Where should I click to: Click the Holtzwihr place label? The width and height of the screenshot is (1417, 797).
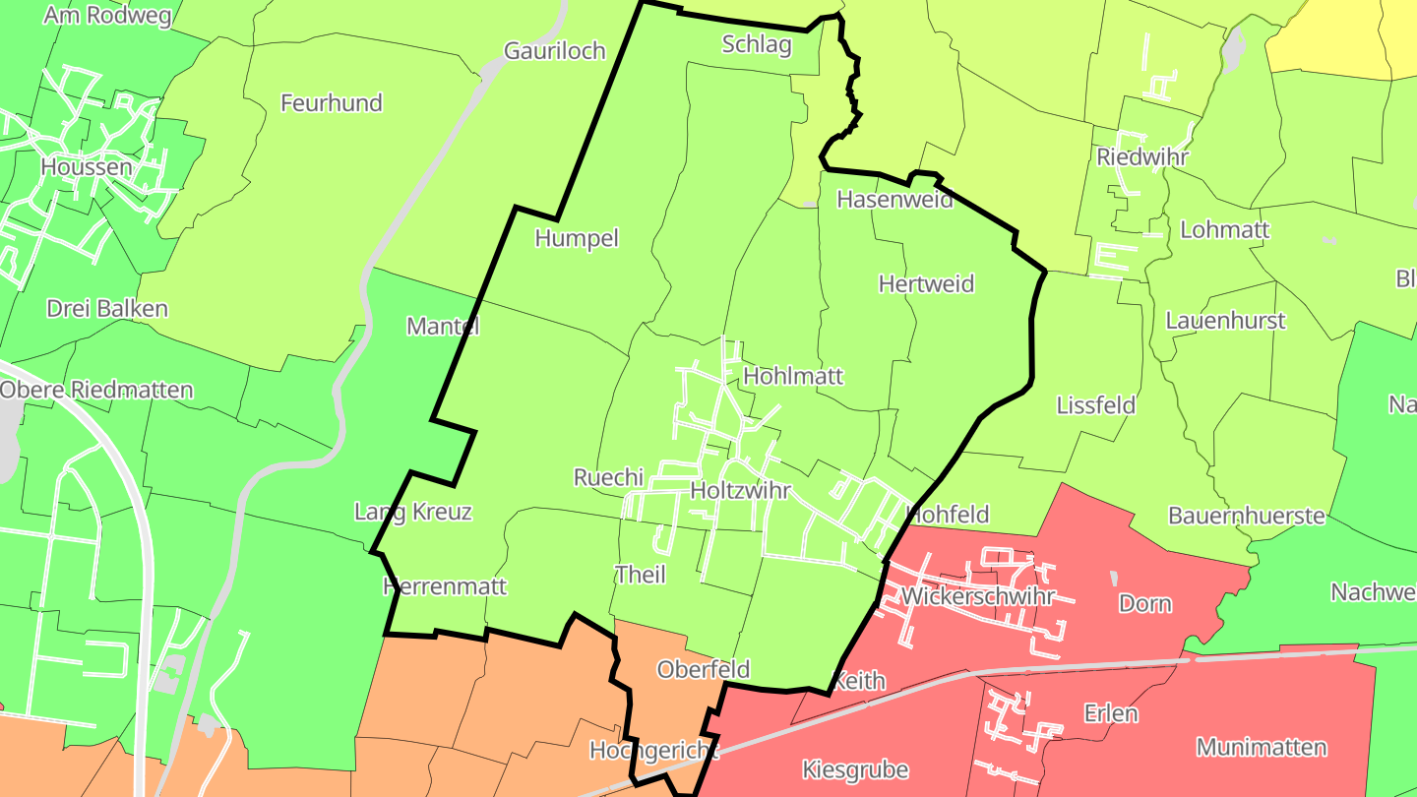click(741, 490)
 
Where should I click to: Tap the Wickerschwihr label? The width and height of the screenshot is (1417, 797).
click(977, 596)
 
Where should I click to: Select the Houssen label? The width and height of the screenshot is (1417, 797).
click(87, 167)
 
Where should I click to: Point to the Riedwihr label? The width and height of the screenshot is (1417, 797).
click(1142, 157)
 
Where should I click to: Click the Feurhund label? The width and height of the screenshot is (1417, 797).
click(332, 103)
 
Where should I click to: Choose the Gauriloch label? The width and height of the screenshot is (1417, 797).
click(554, 51)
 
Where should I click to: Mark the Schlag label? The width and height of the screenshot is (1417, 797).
click(757, 44)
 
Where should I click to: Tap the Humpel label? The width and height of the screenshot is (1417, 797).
click(577, 238)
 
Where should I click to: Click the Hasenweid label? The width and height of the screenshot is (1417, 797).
click(894, 200)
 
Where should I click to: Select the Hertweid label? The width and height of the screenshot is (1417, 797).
click(926, 284)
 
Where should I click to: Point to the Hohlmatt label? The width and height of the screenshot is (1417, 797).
click(793, 377)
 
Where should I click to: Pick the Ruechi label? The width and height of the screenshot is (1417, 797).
click(608, 478)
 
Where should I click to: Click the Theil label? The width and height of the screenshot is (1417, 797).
click(640, 575)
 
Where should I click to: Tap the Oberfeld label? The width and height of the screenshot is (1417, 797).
click(703, 670)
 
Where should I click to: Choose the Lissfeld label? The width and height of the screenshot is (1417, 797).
click(1095, 405)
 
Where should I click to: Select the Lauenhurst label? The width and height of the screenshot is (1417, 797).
click(1225, 321)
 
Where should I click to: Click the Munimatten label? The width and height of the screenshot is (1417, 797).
click(1262, 748)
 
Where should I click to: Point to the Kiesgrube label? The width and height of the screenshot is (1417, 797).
click(855, 769)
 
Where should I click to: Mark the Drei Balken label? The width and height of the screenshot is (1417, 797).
click(107, 309)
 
